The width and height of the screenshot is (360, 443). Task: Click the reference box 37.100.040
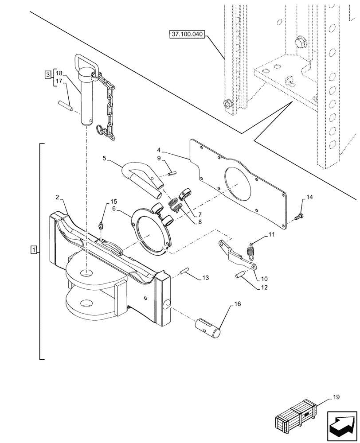pos(187,35)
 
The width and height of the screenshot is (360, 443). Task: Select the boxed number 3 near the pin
pos(47,74)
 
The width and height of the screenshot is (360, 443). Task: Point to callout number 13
pos(205,278)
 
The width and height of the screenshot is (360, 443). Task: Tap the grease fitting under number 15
pos(102,225)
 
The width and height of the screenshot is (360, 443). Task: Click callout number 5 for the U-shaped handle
pos(105,158)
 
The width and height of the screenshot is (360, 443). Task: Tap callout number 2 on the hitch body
pos(58,196)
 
